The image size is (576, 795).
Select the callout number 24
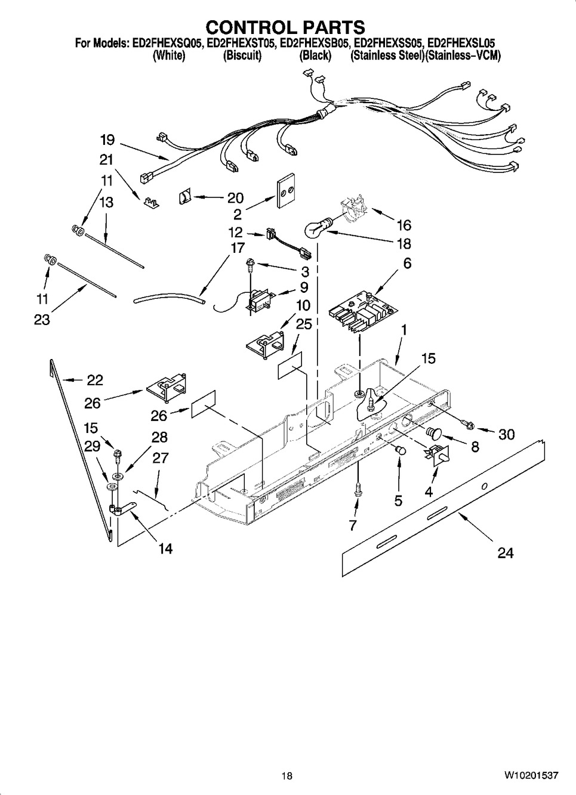(x=505, y=553)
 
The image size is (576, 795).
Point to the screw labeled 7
(x=356, y=488)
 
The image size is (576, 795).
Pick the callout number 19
(x=107, y=140)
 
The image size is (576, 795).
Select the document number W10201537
(x=531, y=775)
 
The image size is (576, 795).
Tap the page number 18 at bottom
(x=287, y=775)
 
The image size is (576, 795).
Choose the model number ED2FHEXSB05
(x=314, y=44)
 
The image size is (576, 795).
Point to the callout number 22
(x=94, y=380)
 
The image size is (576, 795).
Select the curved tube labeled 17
(x=170, y=295)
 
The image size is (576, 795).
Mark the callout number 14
(x=165, y=548)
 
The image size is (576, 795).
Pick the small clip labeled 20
(x=186, y=196)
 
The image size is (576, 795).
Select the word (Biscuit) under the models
(x=242, y=55)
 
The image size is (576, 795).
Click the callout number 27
(x=160, y=458)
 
